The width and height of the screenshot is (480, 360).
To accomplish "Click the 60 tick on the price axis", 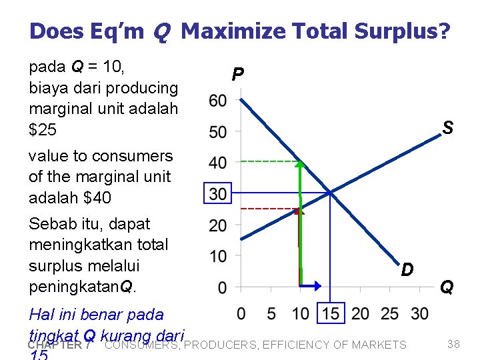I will (x=217, y=101).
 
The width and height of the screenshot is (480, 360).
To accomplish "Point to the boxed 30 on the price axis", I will (x=217, y=194).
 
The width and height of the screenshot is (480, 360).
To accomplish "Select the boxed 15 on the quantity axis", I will (x=331, y=313).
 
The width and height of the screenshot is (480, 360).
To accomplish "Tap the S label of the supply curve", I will (x=447, y=127).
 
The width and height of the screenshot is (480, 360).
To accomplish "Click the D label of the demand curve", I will (x=407, y=269).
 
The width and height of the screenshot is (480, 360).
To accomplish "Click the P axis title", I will (x=237, y=75).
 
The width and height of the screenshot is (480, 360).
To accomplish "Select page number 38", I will (x=453, y=344).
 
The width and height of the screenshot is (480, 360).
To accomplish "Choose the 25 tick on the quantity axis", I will (x=390, y=313).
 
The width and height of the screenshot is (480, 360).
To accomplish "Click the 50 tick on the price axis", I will (x=217, y=132).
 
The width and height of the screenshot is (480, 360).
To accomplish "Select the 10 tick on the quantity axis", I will (x=300, y=313).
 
